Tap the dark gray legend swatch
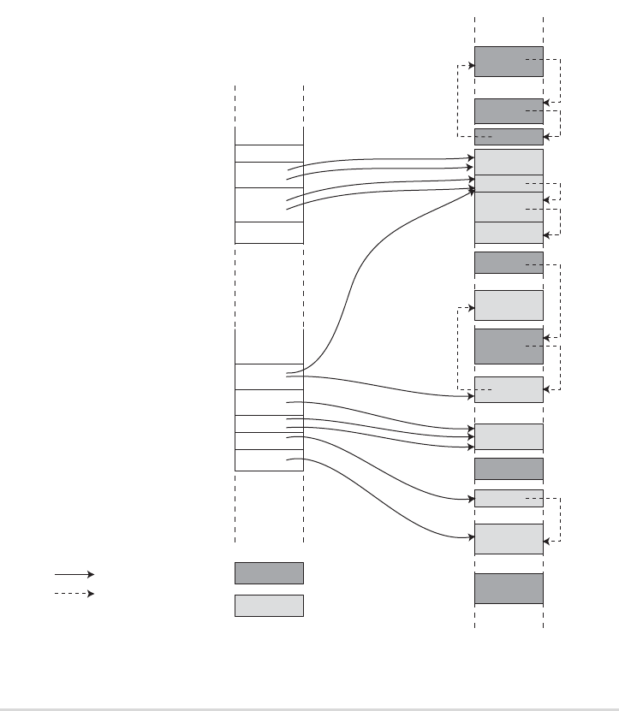coord(269,573)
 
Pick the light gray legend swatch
coord(269,605)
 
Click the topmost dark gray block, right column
coord(509,61)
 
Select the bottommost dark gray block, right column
coord(509,588)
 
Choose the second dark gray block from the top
coord(509,110)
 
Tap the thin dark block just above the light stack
coord(509,137)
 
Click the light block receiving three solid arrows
coord(509,435)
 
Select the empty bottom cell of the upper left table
coord(269,232)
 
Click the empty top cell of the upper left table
coord(269,136)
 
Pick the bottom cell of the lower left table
coord(269,459)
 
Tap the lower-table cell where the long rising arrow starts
coord(269,376)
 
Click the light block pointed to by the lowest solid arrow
coord(509,538)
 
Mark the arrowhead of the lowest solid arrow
coord(471,537)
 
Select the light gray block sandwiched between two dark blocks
coord(509,305)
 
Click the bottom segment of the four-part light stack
coord(509,232)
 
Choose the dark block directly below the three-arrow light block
coord(509,469)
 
